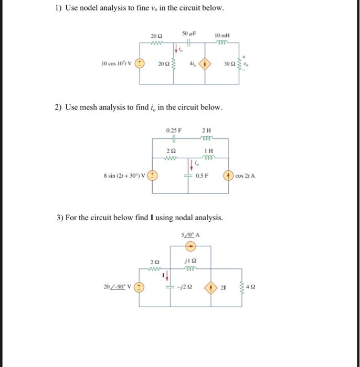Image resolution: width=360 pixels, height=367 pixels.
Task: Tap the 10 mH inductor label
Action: [222, 35]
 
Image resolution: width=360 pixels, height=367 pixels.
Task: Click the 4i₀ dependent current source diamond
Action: [205, 64]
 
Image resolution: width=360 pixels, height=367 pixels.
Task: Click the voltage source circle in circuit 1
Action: [140, 64]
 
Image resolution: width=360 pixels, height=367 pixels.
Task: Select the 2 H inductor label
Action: [206, 130]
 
